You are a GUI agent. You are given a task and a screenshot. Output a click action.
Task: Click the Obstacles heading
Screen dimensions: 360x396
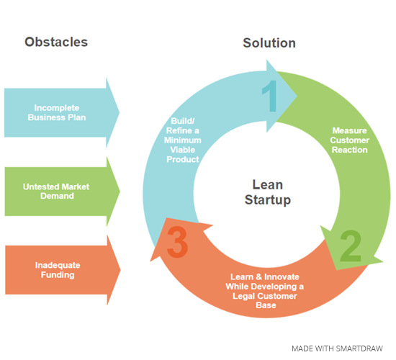click(x=55, y=42)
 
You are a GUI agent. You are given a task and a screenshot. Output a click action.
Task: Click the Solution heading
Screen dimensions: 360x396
click(x=269, y=43)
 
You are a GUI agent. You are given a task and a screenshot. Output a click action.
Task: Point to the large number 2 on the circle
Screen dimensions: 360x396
click(x=350, y=247)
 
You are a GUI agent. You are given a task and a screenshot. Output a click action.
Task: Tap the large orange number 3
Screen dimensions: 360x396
click(x=177, y=244)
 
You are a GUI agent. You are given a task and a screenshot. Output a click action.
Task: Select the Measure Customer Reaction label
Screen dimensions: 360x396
click(x=349, y=140)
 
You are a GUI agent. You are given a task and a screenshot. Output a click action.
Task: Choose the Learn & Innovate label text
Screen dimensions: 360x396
click(x=265, y=291)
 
